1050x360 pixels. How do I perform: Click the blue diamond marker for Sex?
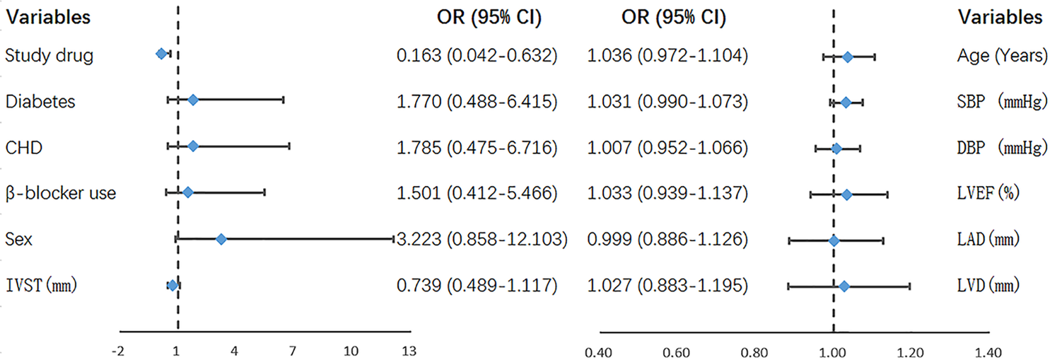coord(221,240)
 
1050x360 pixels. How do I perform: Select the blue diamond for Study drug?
coord(161,53)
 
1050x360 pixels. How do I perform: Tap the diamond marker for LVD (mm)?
coord(843,286)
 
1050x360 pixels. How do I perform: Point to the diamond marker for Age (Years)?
coord(847,57)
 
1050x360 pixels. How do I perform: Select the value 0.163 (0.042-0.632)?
coord(477,54)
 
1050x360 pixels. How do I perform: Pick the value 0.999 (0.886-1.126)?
coord(667,240)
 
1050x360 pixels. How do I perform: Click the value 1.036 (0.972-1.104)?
coord(667,54)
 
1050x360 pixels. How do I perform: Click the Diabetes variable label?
coord(40,101)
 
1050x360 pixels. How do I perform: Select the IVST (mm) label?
coord(40,286)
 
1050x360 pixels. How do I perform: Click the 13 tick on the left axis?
coord(408,352)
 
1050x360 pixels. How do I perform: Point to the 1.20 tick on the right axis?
coord(910,352)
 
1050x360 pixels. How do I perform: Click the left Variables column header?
coord(48,17)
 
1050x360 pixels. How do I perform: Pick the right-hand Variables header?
coord(999,17)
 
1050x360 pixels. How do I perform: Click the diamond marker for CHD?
coord(192,146)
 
